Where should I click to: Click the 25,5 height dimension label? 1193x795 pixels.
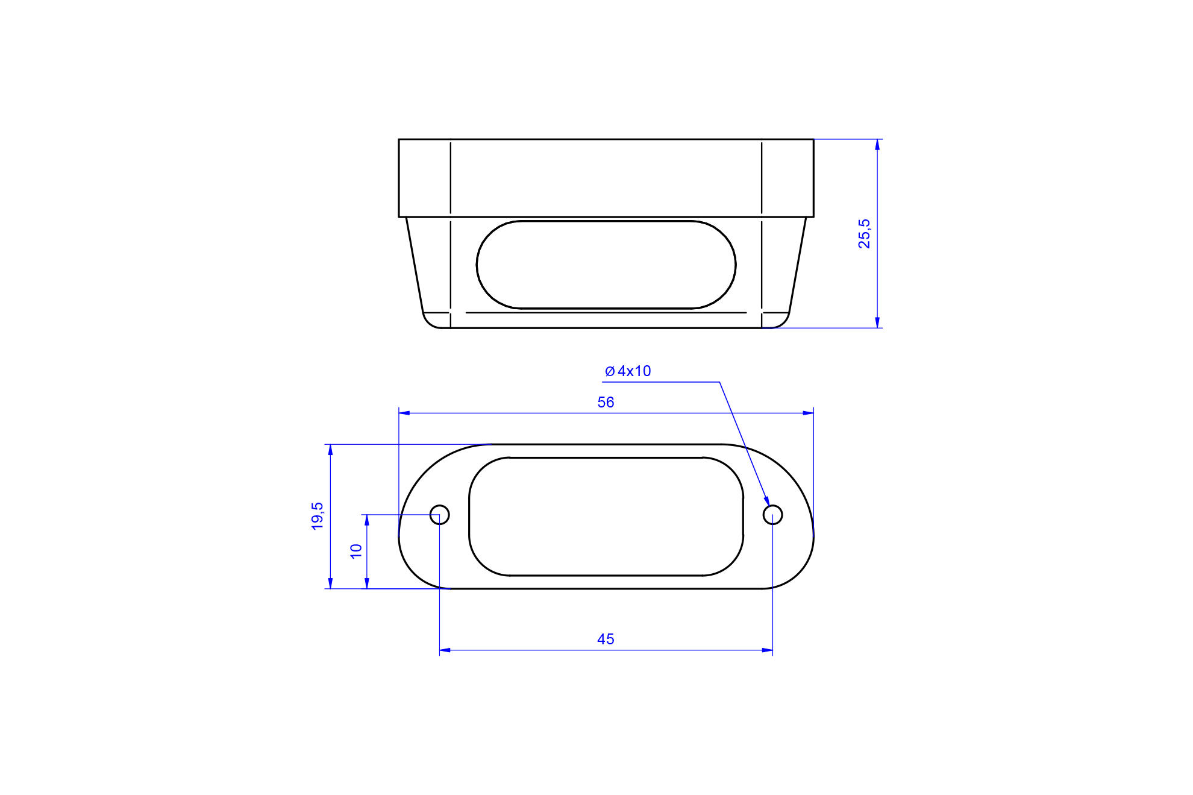click(864, 234)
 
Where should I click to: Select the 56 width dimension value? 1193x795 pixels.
click(606, 402)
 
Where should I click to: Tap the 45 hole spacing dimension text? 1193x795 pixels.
click(606, 639)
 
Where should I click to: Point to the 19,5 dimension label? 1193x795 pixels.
click(317, 516)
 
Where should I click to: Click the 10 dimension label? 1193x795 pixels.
click(356, 551)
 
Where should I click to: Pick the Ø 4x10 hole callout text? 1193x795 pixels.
click(628, 371)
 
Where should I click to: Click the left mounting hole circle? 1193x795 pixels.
click(440, 515)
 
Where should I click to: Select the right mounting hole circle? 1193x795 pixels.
click(772, 515)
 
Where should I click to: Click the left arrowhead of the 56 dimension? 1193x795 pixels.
click(404, 413)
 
